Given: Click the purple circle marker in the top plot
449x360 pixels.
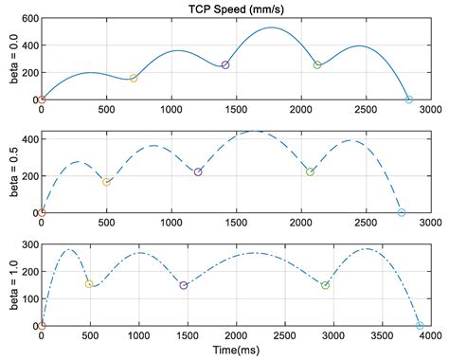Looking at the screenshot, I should coord(225,65).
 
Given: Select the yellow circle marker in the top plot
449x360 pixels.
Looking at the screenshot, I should coord(134,79).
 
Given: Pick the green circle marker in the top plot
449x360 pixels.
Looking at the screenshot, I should coord(317,65).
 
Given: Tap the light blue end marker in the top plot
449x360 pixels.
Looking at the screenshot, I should coord(409,99).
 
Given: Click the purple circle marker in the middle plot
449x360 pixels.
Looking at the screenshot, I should coord(198,172).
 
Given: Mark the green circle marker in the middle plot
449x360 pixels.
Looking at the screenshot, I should coord(310,172).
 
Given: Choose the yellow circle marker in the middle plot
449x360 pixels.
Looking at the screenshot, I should coord(106,182).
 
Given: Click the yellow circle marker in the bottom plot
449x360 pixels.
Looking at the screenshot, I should coord(90,284).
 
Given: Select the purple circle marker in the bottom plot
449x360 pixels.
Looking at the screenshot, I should coord(184,285).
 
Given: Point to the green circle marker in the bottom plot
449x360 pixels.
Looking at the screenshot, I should coord(325,285).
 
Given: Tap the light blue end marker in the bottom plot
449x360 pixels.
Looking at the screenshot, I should coord(420,326).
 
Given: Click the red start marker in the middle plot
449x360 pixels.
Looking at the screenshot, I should coord(41,213).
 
